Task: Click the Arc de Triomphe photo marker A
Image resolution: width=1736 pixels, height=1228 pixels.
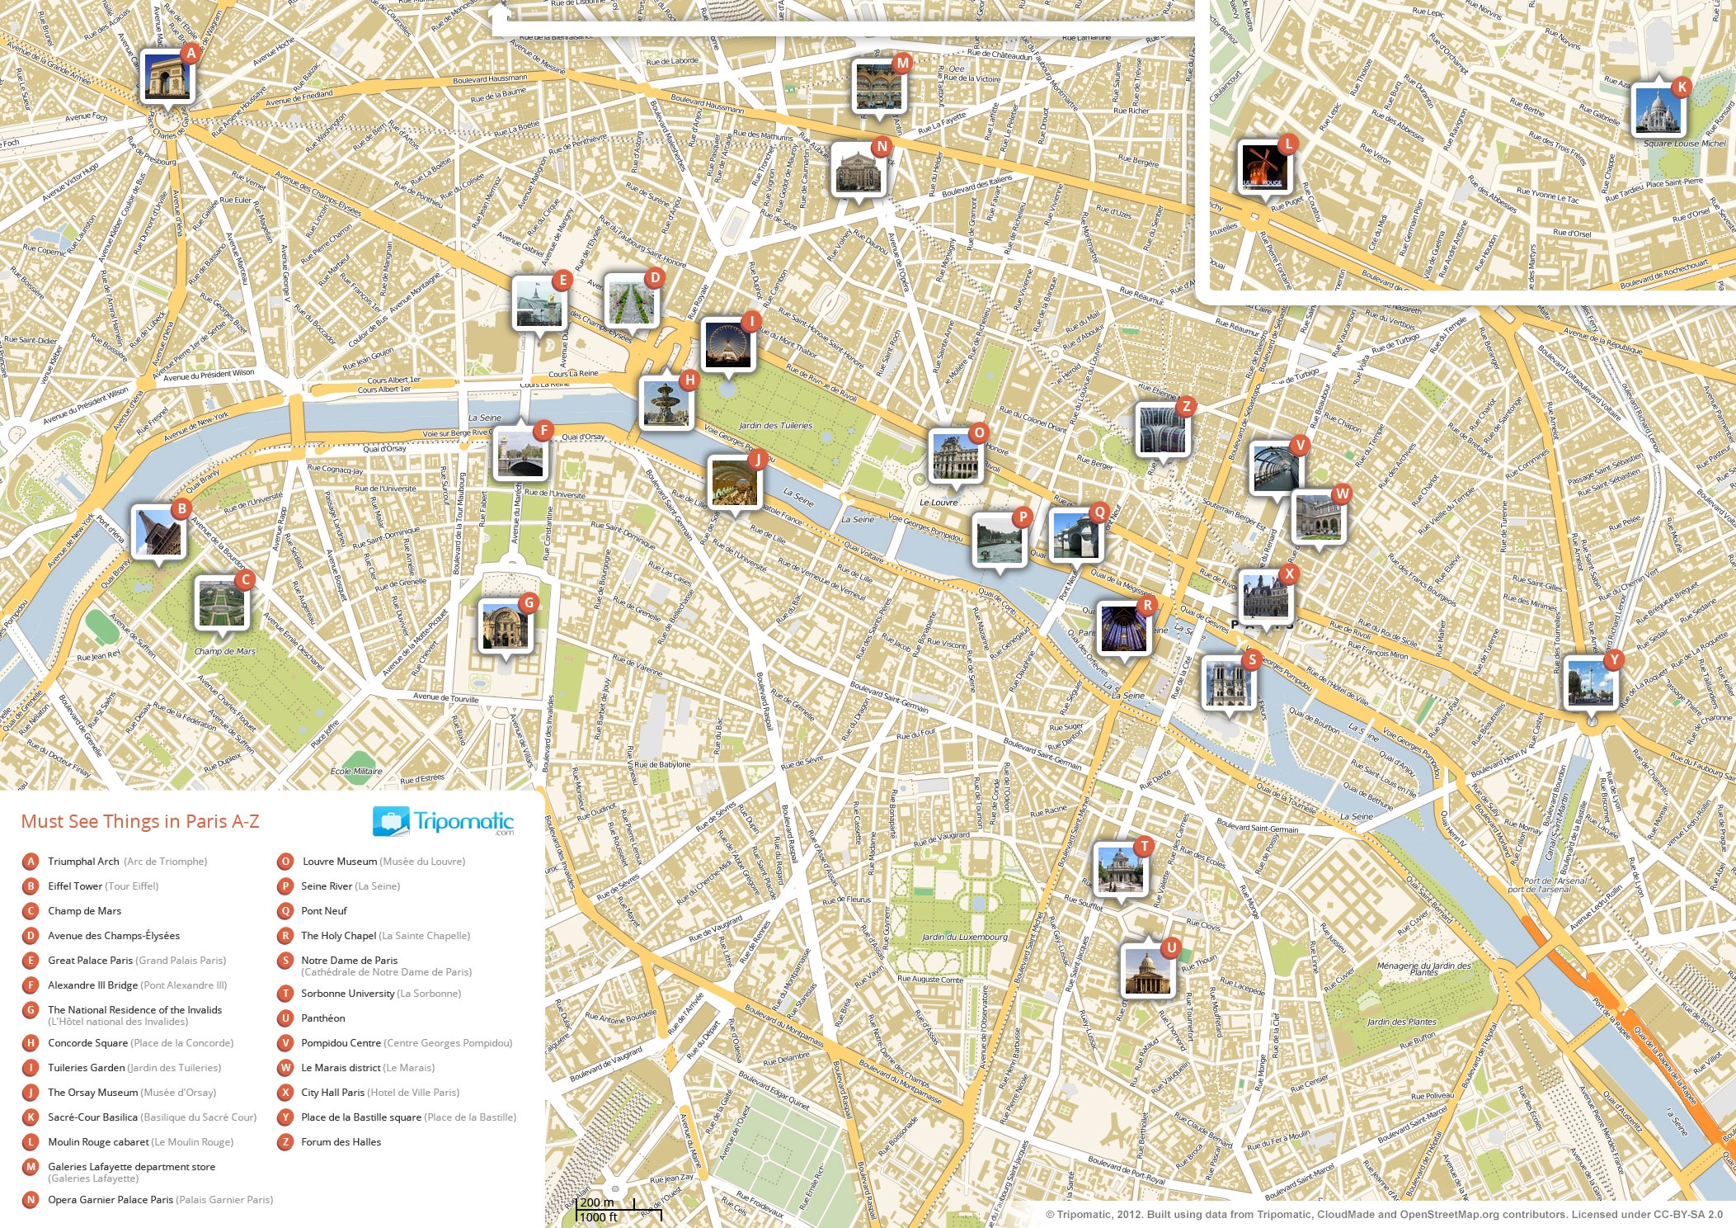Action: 167,76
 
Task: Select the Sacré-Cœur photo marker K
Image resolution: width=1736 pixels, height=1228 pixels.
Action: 1658,110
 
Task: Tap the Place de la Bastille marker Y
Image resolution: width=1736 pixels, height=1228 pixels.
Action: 1590,682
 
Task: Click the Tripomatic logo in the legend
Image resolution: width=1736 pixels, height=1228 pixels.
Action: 444,822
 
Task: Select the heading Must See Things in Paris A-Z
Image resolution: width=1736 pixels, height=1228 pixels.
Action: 140,822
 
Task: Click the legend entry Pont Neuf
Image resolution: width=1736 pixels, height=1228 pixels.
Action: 323,911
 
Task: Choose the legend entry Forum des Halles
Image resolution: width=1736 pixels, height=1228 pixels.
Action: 341,1142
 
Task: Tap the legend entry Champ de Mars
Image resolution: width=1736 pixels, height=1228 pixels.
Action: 84,911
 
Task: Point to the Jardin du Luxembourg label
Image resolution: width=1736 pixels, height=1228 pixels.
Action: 964,937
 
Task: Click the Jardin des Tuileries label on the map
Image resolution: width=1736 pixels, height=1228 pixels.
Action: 775,426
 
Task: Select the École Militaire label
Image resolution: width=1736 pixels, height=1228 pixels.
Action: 356,772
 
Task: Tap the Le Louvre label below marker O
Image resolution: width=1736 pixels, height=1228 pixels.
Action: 939,502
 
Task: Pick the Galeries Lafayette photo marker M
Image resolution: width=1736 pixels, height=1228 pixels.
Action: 879,86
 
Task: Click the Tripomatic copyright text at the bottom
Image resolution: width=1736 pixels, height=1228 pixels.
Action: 1386,1215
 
